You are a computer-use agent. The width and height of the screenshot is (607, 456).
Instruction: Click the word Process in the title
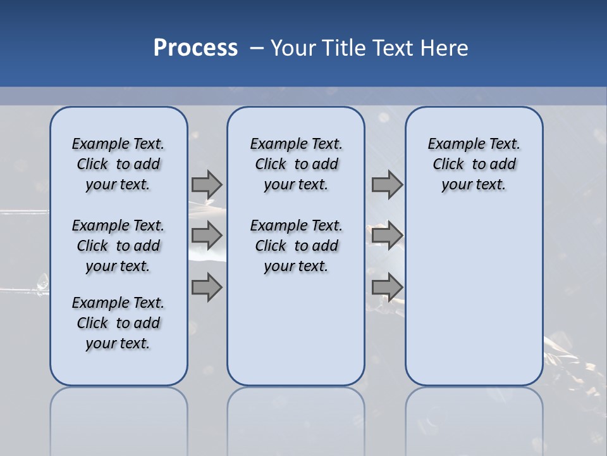195,47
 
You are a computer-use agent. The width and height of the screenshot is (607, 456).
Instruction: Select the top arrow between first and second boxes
207,184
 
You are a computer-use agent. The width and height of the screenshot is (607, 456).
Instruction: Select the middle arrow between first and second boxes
207,236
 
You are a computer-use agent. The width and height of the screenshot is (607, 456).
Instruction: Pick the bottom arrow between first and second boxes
207,287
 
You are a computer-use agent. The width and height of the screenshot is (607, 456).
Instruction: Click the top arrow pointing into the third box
387,184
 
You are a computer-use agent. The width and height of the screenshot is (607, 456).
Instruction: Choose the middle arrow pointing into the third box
387,236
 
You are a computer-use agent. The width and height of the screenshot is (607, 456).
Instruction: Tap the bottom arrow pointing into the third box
387,287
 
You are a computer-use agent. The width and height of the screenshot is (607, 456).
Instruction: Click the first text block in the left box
118,164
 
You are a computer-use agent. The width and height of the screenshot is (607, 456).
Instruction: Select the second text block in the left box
118,246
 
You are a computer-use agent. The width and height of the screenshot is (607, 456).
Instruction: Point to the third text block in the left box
118,323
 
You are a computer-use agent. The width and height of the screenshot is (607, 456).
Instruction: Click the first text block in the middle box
296,164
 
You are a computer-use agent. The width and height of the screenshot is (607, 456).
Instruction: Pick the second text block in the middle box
296,246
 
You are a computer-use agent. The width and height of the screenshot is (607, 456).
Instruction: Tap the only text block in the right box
474,164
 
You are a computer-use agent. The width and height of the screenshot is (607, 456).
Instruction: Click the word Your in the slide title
293,48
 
